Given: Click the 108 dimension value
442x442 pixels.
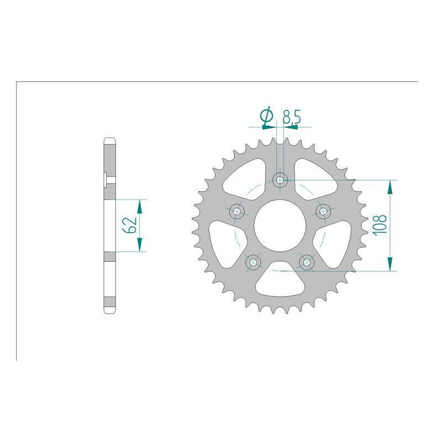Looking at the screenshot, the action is pos(380,224).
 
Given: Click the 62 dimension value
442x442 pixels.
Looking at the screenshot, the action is pos(130,225).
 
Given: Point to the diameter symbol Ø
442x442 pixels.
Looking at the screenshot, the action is pos(266,116).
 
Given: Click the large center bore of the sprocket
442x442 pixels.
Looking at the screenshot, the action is pos(280,225).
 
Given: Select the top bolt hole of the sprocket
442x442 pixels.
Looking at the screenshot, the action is pos(280,180).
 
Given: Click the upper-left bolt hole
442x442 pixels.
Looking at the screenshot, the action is pos(237,211).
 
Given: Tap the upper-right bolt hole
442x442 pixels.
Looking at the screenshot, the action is pos(323,211).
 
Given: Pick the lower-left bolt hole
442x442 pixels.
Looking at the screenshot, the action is pos(253,262).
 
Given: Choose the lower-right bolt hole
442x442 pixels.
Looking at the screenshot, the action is pos(307,262).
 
